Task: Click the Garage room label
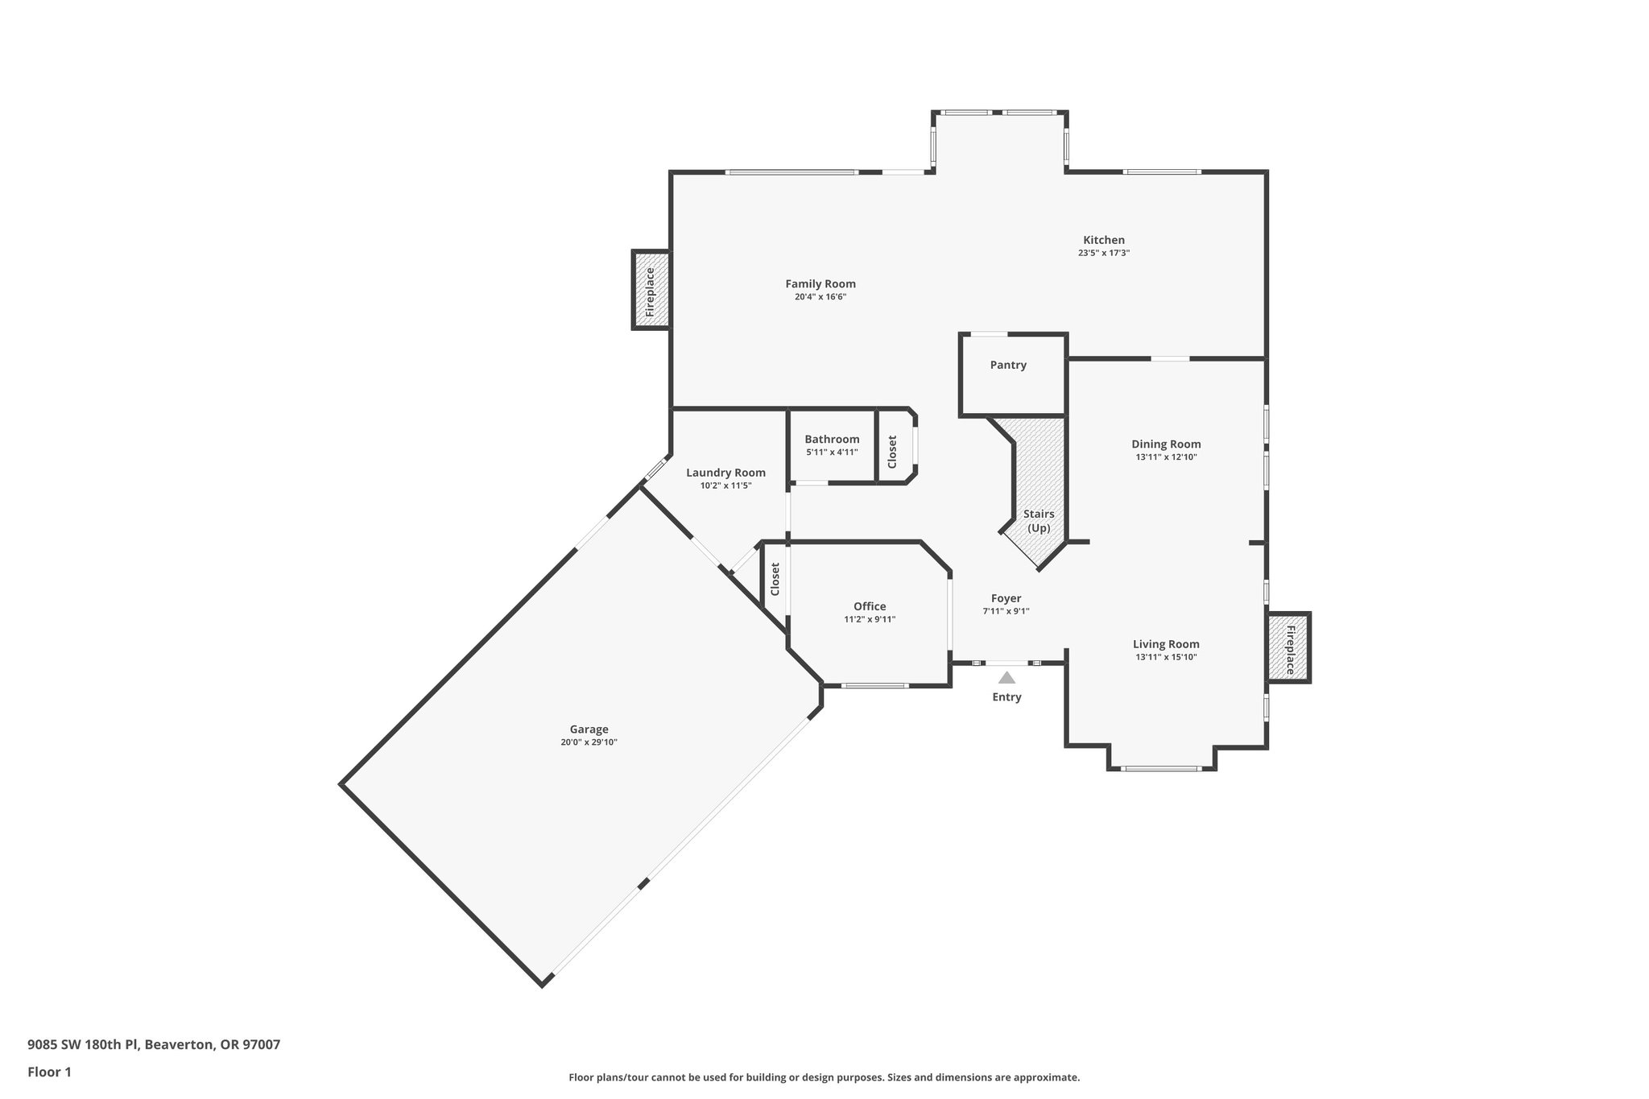pos(589,729)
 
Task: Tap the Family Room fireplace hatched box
pos(651,290)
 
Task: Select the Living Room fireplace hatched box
pos(1288,648)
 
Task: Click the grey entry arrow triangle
pos(1006,678)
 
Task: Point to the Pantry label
pos(1008,366)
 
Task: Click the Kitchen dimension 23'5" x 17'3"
pos(1103,253)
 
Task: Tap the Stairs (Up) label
pos(1039,521)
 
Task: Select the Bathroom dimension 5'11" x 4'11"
pos(832,452)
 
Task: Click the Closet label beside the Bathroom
pos(892,452)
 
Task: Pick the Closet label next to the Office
pos(775,579)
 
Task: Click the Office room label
pos(870,606)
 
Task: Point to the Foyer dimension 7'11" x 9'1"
pos(1006,611)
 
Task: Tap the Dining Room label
pos(1166,444)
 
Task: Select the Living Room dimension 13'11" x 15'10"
pos(1166,657)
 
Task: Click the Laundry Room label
pos(725,473)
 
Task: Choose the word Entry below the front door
pos(1006,697)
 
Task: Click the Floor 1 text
pos(49,1072)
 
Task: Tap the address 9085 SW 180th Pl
pos(84,1045)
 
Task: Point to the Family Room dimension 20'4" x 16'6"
pos(820,297)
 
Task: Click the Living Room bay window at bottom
pos(1161,769)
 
